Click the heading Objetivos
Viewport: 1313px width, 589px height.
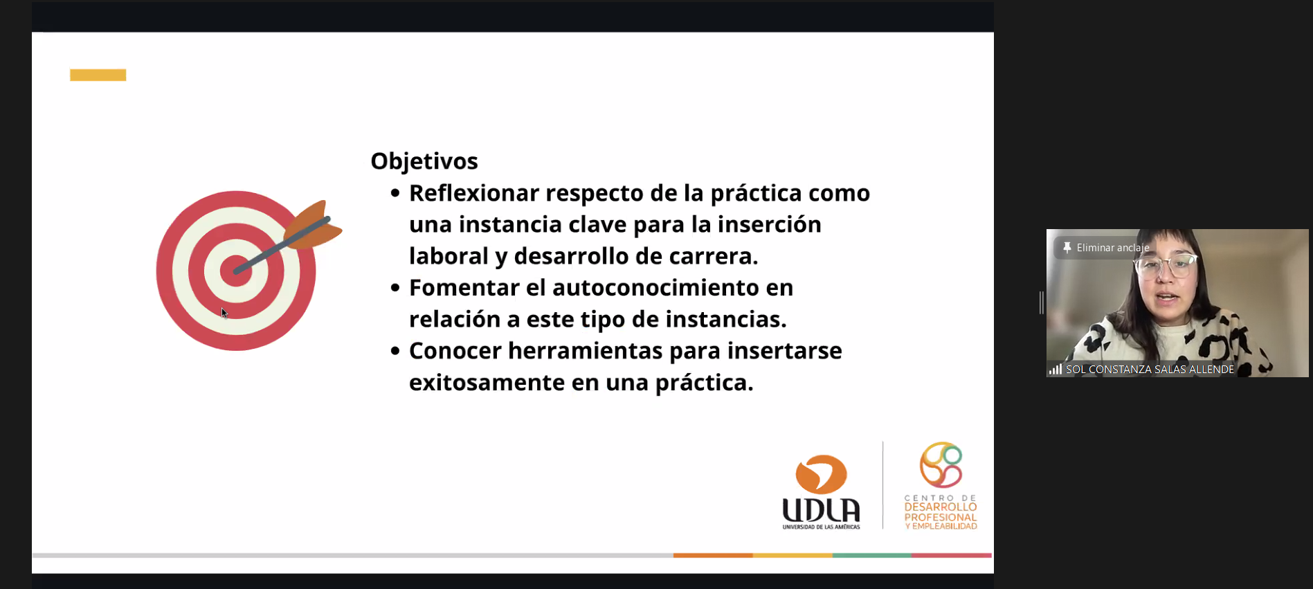424,161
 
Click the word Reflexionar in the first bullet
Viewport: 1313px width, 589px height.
474,193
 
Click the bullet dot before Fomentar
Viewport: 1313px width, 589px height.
395,287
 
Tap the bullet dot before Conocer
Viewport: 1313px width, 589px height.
395,351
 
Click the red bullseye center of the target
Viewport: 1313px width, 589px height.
235,271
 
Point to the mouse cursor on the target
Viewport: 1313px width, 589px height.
224,313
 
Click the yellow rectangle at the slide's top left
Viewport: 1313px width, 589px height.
98,75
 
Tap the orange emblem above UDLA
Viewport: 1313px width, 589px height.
822,474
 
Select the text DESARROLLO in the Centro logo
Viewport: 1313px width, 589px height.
941,507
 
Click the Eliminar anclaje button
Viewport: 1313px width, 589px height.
1106,248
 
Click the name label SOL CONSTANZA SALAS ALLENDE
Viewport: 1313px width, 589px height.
1150,370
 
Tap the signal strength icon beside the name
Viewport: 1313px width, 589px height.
1056,370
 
